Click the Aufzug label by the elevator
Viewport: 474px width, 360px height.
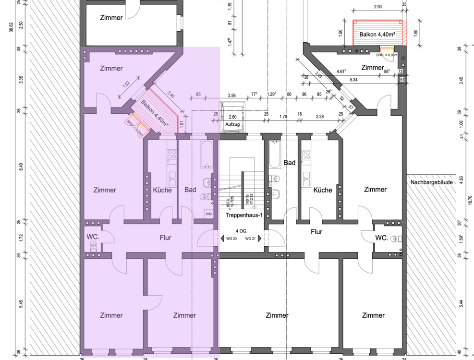tap(232, 124)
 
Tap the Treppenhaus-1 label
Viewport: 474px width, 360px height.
tap(244, 215)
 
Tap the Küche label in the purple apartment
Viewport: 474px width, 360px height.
tap(162, 190)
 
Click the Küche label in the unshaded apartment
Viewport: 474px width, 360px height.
tap(323, 190)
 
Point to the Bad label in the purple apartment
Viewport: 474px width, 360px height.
tap(190, 190)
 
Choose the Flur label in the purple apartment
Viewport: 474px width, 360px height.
tap(165, 238)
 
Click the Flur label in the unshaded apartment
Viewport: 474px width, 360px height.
tap(316, 232)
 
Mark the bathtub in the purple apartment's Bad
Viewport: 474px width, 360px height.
tap(207, 154)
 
